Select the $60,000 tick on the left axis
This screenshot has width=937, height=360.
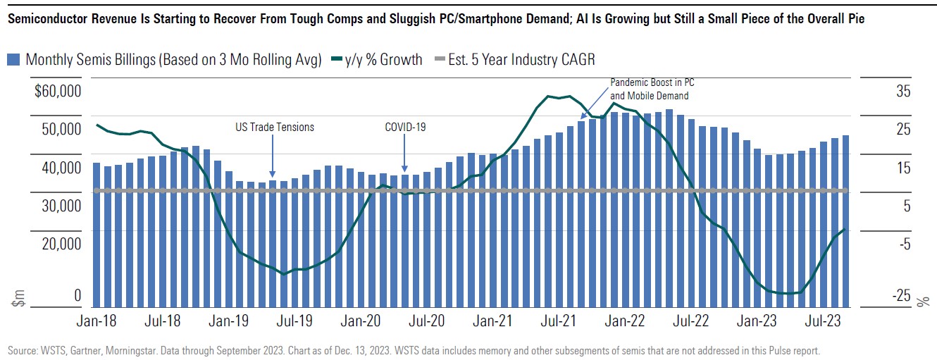click(58, 92)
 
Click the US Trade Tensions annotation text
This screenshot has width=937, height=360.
click(275, 128)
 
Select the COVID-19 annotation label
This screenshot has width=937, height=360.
click(405, 128)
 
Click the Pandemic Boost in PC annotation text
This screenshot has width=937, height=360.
click(652, 82)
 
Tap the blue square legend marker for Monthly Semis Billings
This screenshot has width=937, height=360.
click(13, 60)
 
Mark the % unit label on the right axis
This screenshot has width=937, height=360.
click(923, 302)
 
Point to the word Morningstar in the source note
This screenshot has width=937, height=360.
click(128, 350)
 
